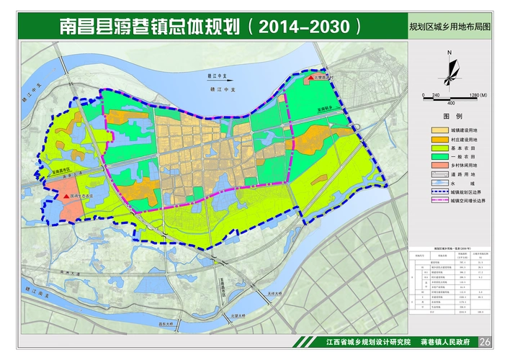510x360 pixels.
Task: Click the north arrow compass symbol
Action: click(449, 68)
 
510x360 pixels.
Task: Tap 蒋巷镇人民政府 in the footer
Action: click(444, 342)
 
